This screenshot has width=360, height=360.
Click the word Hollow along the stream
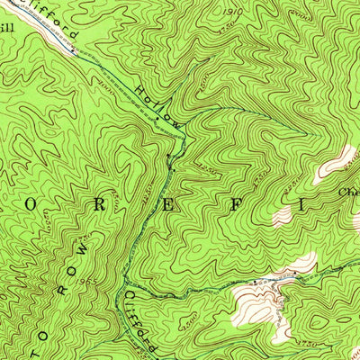coord(158,105)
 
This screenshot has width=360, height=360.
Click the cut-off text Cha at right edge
coord(348,192)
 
